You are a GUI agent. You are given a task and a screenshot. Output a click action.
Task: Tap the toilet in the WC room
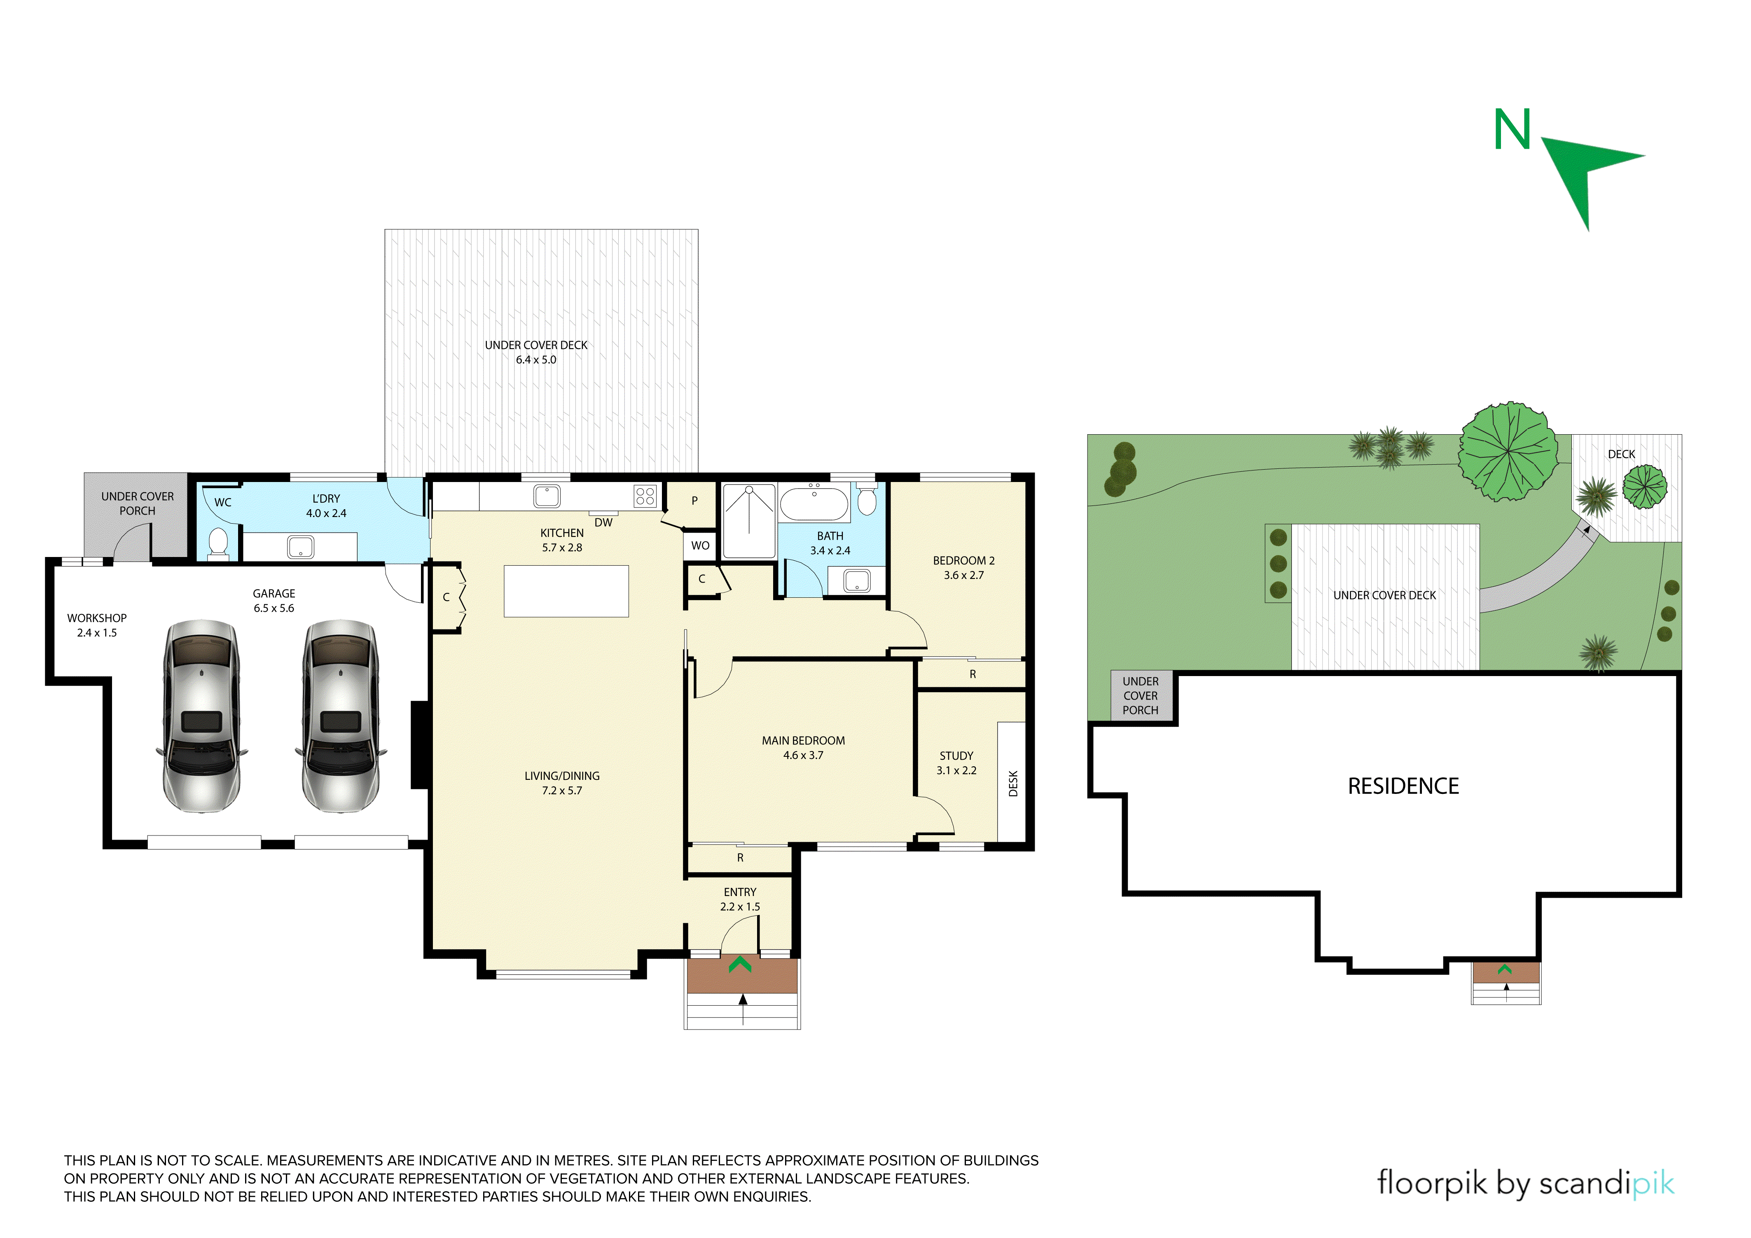point(218,543)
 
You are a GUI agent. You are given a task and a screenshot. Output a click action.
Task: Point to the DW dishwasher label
point(603,522)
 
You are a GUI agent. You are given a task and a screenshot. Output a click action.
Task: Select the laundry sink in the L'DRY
point(300,547)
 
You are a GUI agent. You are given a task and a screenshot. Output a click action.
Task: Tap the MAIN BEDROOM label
point(803,741)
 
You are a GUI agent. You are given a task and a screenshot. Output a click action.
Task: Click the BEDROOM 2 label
point(964,561)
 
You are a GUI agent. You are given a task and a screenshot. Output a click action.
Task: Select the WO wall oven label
point(700,545)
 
